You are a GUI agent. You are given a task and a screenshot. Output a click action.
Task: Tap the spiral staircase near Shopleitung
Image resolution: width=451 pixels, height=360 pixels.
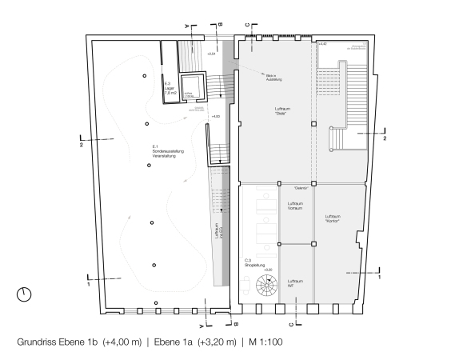pos(264,286)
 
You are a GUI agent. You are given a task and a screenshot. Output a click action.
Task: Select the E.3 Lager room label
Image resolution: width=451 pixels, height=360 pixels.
pos(170,88)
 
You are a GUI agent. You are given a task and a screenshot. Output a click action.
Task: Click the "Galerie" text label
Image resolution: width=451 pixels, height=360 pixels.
pos(301,188)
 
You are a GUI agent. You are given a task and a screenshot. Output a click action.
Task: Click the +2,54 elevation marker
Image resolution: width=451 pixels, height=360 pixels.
pos(211,53)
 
